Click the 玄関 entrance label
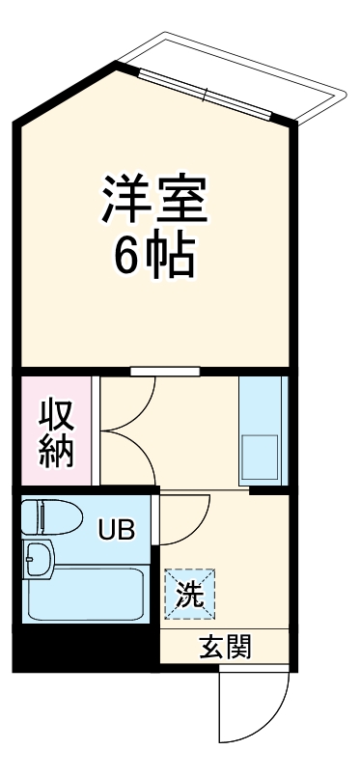click(x=226, y=647)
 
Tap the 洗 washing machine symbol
click(x=189, y=594)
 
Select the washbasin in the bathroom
click(x=41, y=557)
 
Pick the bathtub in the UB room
click(x=85, y=594)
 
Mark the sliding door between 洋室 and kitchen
click(x=165, y=371)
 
